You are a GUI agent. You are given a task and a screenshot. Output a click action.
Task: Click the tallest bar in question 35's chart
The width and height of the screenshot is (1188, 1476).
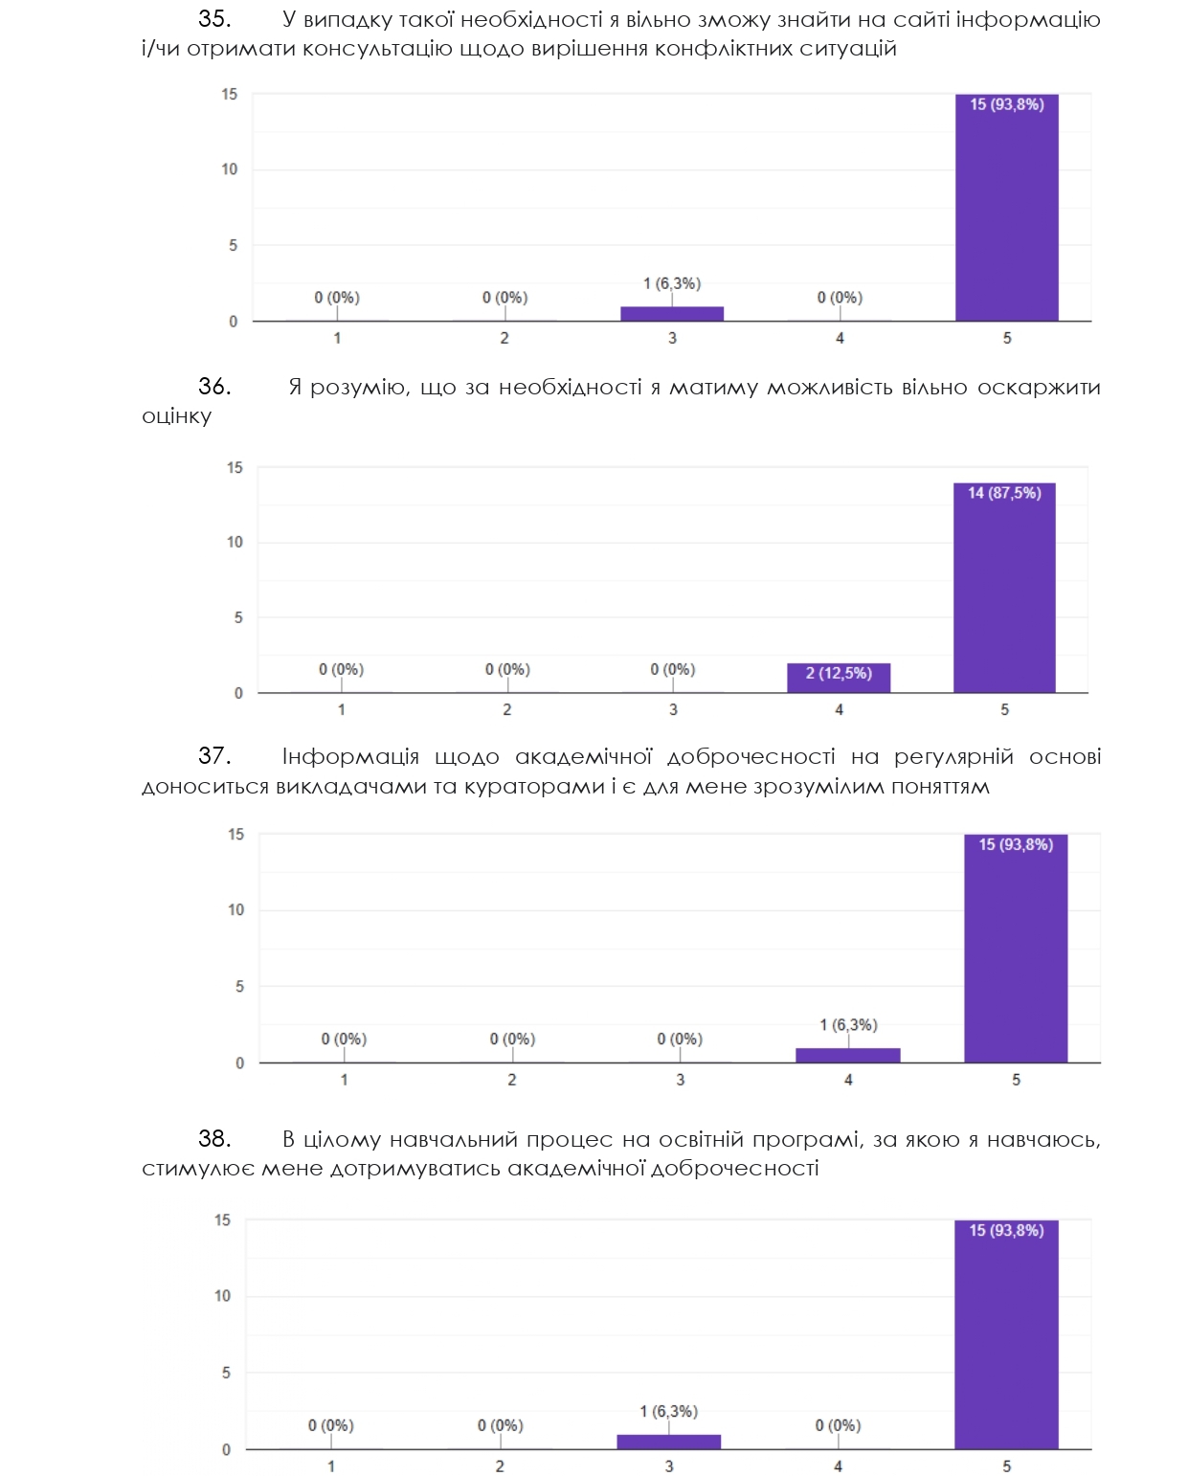click(x=1006, y=211)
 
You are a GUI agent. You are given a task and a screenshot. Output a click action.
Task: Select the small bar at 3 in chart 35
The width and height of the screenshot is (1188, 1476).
click(x=672, y=314)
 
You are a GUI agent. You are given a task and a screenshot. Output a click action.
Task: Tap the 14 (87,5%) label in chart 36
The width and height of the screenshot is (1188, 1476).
click(x=1004, y=493)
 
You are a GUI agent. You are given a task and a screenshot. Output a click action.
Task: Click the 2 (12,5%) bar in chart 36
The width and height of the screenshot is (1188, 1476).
click(x=839, y=678)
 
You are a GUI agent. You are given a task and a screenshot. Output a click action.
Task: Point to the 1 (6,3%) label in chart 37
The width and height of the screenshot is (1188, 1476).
click(x=848, y=1025)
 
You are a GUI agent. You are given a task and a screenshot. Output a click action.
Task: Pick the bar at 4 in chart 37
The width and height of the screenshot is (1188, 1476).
click(x=848, y=1056)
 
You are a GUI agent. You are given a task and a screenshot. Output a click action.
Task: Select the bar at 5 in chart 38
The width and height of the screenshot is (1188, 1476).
click(x=1006, y=1340)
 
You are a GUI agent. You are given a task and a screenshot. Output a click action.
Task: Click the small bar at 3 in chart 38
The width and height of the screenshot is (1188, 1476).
click(x=668, y=1442)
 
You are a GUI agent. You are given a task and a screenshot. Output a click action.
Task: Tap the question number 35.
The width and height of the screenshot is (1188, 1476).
click(x=214, y=19)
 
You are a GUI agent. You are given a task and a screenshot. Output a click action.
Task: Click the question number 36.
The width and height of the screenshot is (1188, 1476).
click(x=214, y=387)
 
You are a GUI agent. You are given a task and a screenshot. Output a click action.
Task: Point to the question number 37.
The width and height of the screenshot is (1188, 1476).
click(x=214, y=756)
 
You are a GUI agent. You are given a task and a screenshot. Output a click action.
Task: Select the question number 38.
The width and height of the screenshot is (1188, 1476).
click(x=214, y=1139)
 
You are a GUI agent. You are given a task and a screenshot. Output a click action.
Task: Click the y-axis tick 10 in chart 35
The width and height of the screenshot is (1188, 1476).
click(x=230, y=169)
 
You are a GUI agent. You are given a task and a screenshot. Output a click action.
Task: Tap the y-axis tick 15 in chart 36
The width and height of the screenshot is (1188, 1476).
click(x=235, y=468)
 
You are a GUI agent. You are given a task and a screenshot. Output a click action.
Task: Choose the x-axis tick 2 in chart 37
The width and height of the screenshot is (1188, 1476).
click(x=512, y=1080)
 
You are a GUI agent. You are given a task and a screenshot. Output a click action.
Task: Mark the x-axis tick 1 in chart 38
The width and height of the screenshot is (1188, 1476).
click(x=331, y=1466)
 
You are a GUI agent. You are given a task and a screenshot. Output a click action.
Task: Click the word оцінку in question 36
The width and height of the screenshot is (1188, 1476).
click(x=176, y=416)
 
